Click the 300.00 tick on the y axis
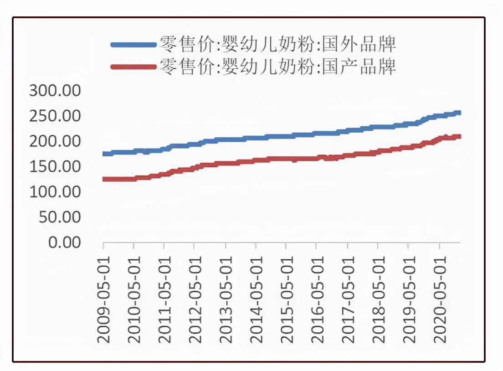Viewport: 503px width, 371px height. coord(55,91)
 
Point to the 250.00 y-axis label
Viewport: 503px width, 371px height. coord(55,116)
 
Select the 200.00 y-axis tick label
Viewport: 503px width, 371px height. coord(55,141)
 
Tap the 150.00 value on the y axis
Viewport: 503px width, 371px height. coord(55,166)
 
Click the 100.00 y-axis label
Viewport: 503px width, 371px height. coord(55,191)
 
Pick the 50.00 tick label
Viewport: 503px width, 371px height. coord(59,217)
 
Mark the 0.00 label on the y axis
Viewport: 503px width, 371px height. coord(63,242)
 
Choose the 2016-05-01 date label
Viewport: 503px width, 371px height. coord(317,299)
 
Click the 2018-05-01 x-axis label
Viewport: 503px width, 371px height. coord(378,299)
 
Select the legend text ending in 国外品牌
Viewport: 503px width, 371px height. coord(277,44)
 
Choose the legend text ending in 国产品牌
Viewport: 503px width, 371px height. coord(277,67)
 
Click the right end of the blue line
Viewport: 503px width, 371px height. coord(459,113)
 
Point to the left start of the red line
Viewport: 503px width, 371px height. coord(104,179)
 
